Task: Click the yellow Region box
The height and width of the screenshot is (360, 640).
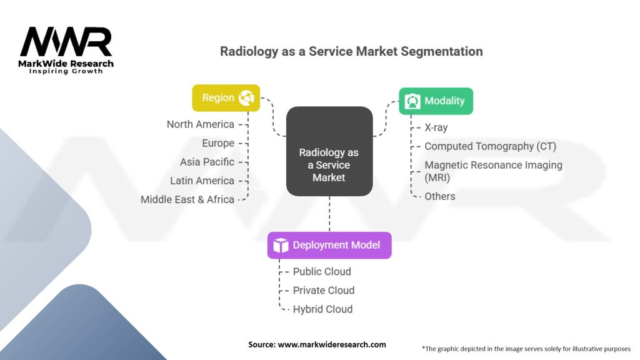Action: pyautogui.click(x=226, y=98)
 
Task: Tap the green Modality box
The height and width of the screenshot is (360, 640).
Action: pyautogui.click(x=436, y=101)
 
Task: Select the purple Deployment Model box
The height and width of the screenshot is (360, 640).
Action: pyautogui.click(x=329, y=245)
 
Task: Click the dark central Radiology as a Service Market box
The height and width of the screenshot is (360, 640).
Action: pyautogui.click(x=329, y=151)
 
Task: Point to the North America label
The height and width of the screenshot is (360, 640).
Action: pyautogui.click(x=200, y=124)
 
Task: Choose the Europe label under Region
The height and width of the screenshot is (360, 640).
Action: pyautogui.click(x=218, y=143)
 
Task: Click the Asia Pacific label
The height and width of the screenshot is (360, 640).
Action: pyautogui.click(x=207, y=162)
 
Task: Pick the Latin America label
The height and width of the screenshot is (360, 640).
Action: pyautogui.click(x=202, y=181)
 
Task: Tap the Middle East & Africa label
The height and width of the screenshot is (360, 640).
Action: pyautogui.click(x=187, y=199)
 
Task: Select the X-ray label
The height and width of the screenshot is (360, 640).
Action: pyautogui.click(x=436, y=127)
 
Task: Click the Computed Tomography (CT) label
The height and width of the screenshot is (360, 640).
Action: pyautogui.click(x=490, y=146)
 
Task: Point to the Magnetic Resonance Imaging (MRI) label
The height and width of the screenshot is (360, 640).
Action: pyautogui.click(x=493, y=171)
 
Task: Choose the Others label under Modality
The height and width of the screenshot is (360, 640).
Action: pyautogui.click(x=440, y=196)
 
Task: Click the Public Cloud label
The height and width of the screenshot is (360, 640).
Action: pyautogui.click(x=322, y=271)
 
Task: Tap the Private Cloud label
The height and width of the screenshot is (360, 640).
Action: pyautogui.click(x=324, y=290)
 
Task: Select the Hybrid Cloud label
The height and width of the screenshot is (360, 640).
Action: pyautogui.click(x=322, y=309)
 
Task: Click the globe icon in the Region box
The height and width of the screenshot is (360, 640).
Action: pyautogui.click(x=246, y=98)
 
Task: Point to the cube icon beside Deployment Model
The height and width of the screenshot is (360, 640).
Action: pyautogui.click(x=281, y=245)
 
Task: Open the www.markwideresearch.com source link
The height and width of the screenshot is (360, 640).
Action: pyautogui.click(x=331, y=344)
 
